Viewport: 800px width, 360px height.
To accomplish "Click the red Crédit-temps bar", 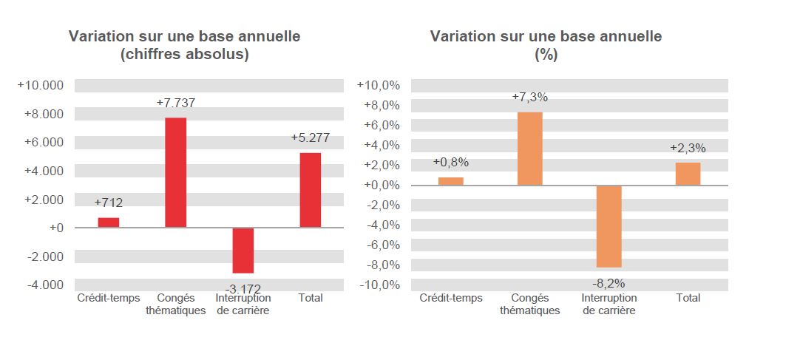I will point(109,223).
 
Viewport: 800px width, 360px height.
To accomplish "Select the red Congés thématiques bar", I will point(176,172).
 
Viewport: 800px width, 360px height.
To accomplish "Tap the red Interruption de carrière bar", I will point(243,251).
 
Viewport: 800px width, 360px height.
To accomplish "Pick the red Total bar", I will point(311,190).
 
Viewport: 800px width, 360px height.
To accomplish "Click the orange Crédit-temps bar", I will point(451,181).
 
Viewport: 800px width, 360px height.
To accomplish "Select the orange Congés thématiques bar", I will point(530,149).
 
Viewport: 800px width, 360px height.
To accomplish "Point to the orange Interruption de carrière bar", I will point(609,226).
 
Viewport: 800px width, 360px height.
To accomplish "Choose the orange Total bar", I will point(688,174).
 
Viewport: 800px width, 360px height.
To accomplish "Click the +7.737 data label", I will point(176,103).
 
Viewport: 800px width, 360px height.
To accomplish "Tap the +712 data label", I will point(109,203).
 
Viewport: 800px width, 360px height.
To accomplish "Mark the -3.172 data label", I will point(243,288).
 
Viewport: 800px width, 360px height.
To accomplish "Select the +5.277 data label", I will point(311,138).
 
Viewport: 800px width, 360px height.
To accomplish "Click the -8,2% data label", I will point(609,282).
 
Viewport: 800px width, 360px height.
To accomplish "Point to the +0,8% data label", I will point(451,163).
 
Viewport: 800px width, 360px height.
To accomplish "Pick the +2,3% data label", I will point(688,148).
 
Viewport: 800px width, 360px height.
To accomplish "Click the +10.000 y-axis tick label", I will point(41,86).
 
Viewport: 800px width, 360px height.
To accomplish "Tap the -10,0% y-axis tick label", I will point(379,285).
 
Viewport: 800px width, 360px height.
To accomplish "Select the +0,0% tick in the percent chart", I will point(381,186).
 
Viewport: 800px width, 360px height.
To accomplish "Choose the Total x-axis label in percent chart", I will point(688,298).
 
